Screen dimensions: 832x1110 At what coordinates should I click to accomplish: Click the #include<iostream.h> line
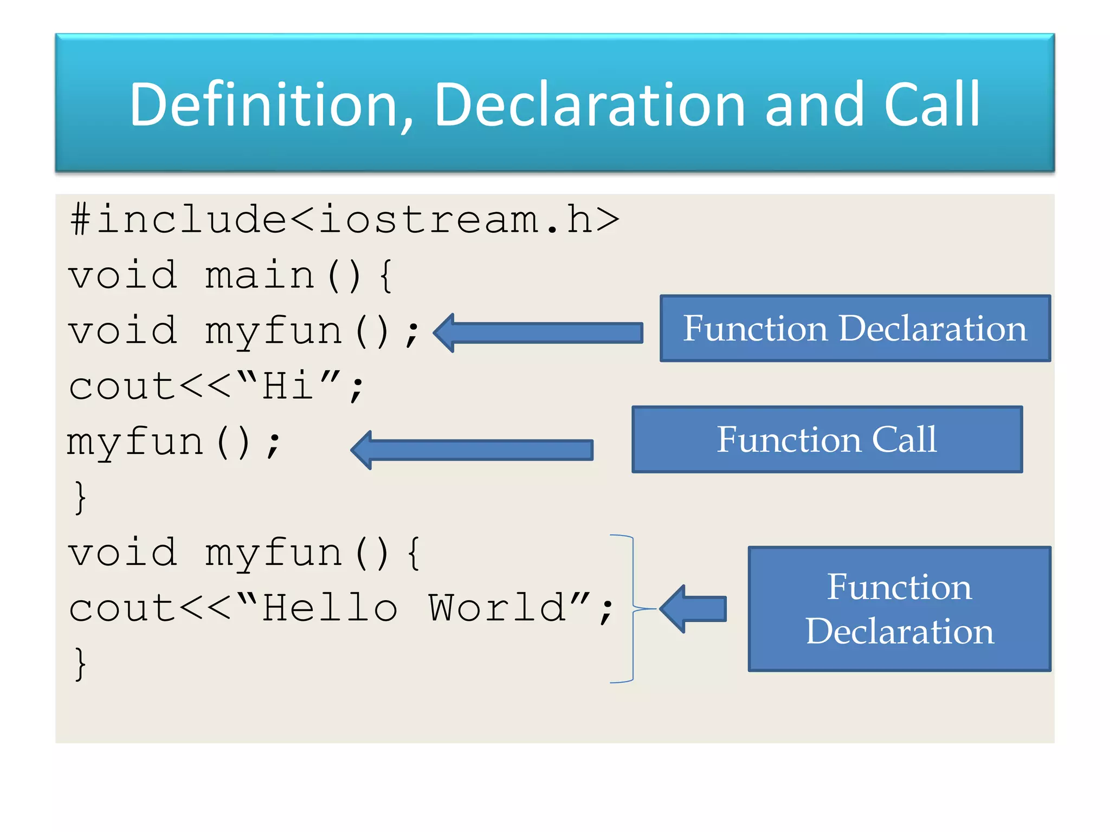pyautogui.click(x=345, y=220)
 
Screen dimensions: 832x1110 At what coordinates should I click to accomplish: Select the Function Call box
pyautogui.click(x=827, y=439)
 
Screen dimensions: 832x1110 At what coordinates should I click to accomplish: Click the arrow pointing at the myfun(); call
pyautogui.click(x=472, y=450)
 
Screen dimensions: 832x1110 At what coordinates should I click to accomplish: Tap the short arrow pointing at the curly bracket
pyautogui.click(x=694, y=609)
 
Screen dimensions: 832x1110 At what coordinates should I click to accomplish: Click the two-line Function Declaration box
pyautogui.click(x=899, y=609)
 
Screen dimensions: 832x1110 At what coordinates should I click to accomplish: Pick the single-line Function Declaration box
pyautogui.click(x=855, y=328)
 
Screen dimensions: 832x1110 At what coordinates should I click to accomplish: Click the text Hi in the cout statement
pyautogui.click(x=287, y=386)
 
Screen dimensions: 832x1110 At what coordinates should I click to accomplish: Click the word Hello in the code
pyautogui.click(x=331, y=608)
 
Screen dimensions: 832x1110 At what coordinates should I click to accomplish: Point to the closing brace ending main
pyautogui.click(x=80, y=497)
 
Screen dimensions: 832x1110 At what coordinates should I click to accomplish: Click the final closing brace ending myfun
pyautogui.click(x=80, y=664)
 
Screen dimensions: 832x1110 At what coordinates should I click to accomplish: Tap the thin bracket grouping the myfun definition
pyautogui.click(x=632, y=609)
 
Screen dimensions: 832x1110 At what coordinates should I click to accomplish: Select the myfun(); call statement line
pyautogui.click(x=173, y=443)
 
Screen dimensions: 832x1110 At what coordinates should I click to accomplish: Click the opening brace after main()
pyautogui.click(x=386, y=276)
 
